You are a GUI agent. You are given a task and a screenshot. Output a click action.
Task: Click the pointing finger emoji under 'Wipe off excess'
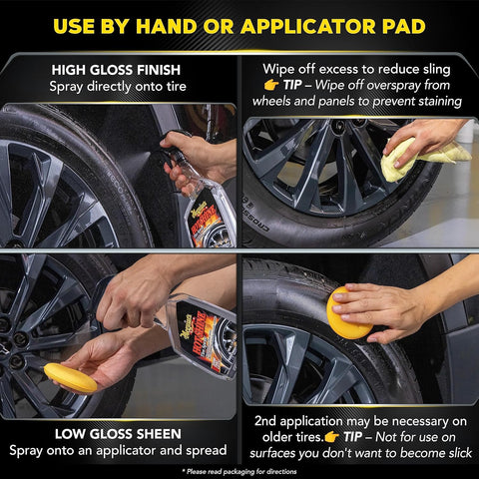(x=271, y=87)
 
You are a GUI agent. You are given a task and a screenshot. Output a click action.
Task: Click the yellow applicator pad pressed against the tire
(x=347, y=312)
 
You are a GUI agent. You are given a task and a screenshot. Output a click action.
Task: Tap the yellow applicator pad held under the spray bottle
(x=70, y=377)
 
